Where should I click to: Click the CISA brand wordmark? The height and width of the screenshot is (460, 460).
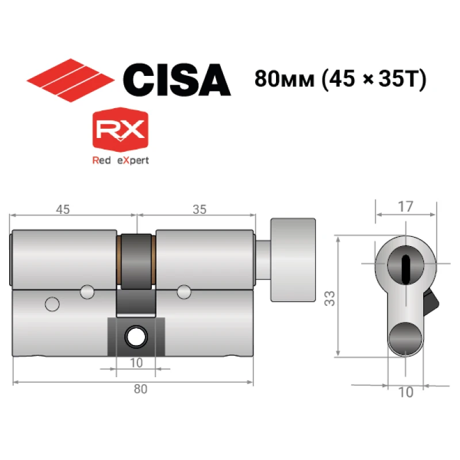[177, 80]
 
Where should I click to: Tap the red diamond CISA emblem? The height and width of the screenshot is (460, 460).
[70, 80]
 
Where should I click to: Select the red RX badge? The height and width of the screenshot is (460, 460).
[120, 129]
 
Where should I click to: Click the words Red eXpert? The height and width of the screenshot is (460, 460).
[121, 160]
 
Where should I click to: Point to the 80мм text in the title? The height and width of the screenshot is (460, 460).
[284, 79]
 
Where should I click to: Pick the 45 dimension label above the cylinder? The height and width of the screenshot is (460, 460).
[63, 209]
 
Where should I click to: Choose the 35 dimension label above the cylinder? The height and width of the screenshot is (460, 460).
[200, 209]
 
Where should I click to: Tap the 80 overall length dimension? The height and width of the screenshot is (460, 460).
[140, 389]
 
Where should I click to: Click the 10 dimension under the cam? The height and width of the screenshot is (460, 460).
[136, 363]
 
